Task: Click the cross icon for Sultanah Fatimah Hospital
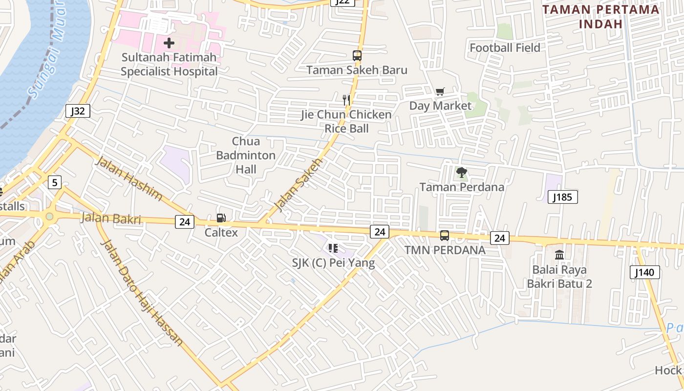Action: pyautogui.click(x=169, y=43)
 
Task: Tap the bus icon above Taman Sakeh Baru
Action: pyautogui.click(x=357, y=56)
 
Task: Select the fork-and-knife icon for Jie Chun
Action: pyautogui.click(x=346, y=100)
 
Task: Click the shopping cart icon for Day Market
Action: pyautogui.click(x=440, y=91)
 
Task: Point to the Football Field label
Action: pyautogui.click(x=505, y=47)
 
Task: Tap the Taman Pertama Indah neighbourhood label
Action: pyautogui.click(x=600, y=16)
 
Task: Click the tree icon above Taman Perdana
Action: pyautogui.click(x=461, y=173)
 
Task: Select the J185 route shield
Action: pyautogui.click(x=563, y=197)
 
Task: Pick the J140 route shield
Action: pyautogui.click(x=644, y=272)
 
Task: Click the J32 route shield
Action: pyautogui.click(x=78, y=111)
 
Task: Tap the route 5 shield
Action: pyautogui.click(x=55, y=183)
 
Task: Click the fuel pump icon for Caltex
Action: pyautogui.click(x=221, y=218)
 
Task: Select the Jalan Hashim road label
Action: pyautogui.click(x=129, y=178)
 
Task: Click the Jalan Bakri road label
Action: pyautogui.click(x=111, y=218)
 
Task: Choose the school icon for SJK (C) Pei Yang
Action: pyautogui.click(x=333, y=248)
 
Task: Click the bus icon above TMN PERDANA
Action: pyautogui.click(x=445, y=236)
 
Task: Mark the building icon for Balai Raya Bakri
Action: pyautogui.click(x=559, y=255)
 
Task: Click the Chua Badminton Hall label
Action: pyautogui.click(x=246, y=155)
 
